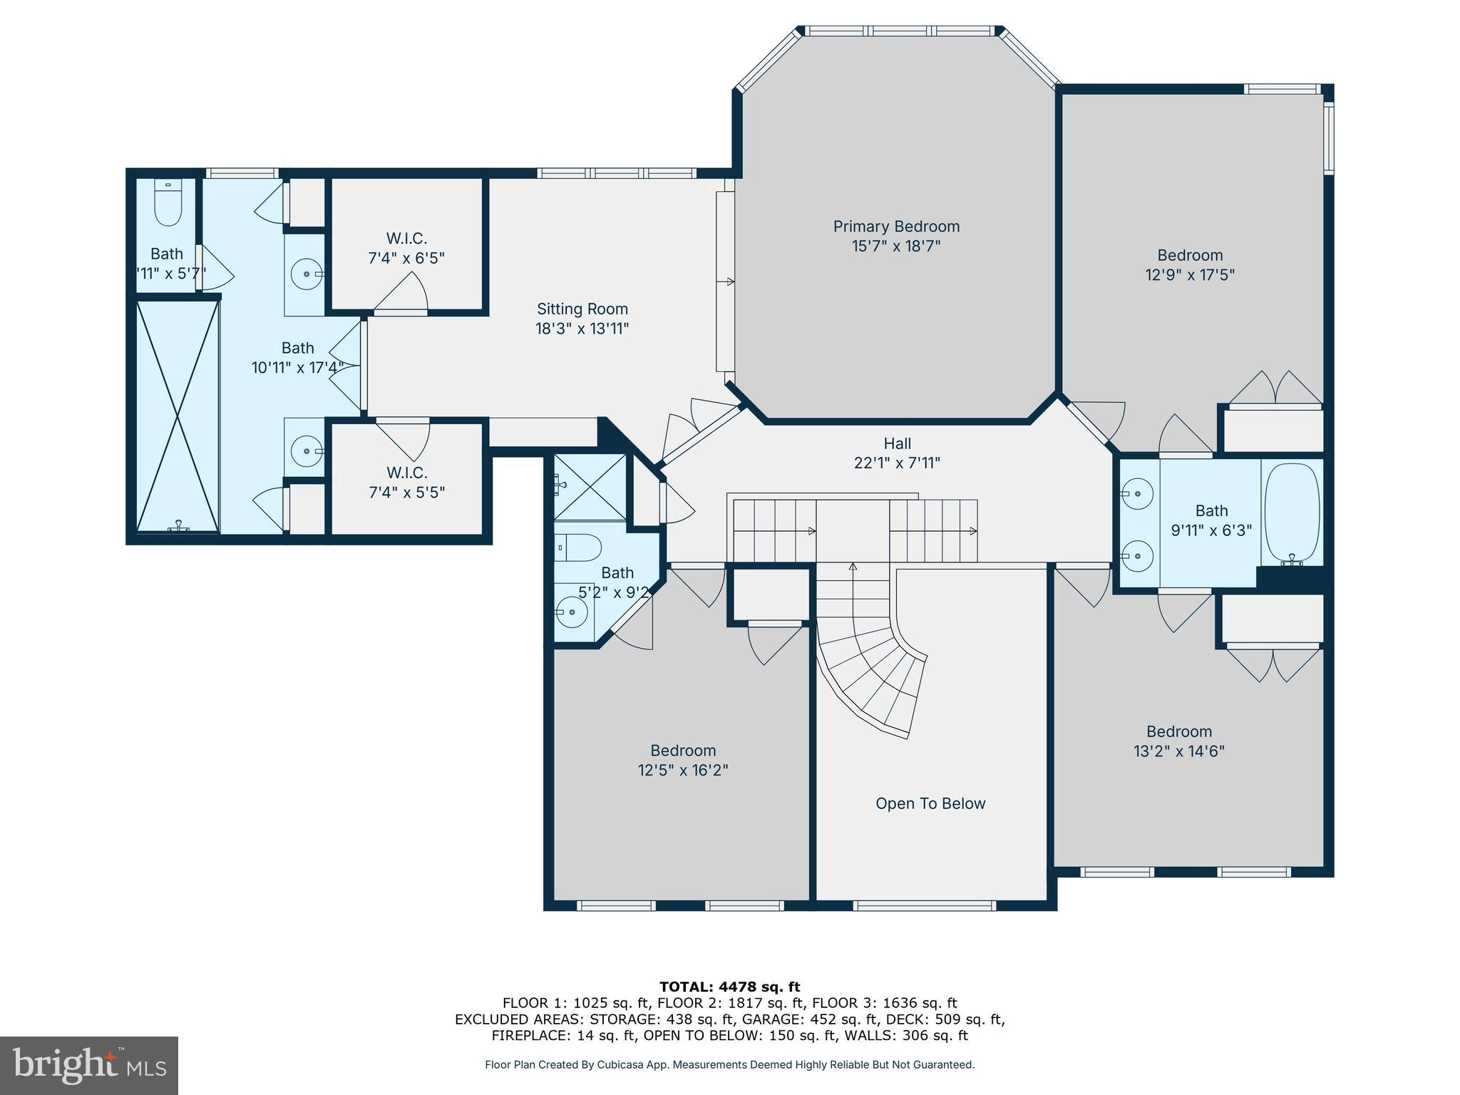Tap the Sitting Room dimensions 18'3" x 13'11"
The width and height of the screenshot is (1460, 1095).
(582, 329)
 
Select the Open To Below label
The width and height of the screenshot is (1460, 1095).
(930, 803)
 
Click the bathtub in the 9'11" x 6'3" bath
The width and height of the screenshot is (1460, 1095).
(1292, 510)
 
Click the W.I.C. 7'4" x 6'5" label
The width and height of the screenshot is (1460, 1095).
(406, 248)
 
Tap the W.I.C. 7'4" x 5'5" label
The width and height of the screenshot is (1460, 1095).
(406, 483)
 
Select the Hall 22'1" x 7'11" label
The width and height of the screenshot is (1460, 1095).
(897, 453)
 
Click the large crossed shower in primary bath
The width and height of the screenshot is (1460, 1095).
(177, 416)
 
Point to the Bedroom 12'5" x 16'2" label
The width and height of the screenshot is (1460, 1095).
(683, 760)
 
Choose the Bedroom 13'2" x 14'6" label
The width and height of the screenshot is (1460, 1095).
(1179, 741)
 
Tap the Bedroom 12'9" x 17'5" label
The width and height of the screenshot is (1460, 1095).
(1190, 264)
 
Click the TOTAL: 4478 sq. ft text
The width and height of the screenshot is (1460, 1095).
(729, 987)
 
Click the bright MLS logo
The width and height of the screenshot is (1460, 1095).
(89, 1065)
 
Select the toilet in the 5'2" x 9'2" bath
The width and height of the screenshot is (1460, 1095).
(577, 547)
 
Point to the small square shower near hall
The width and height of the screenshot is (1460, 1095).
(590, 487)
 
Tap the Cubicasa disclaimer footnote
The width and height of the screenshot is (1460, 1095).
(729, 1064)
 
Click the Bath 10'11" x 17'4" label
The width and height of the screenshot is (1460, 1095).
(297, 358)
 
